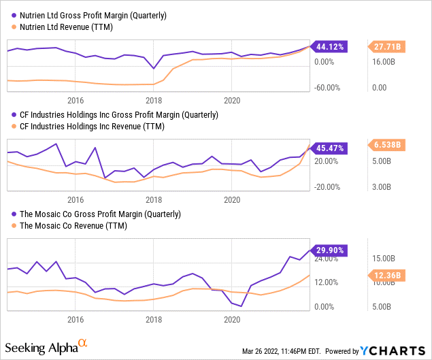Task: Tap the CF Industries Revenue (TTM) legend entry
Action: point(98,126)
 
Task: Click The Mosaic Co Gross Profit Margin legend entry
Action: point(99,213)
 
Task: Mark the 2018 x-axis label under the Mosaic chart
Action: point(154,319)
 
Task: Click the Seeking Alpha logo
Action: point(48,347)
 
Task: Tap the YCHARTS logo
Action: point(393,351)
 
